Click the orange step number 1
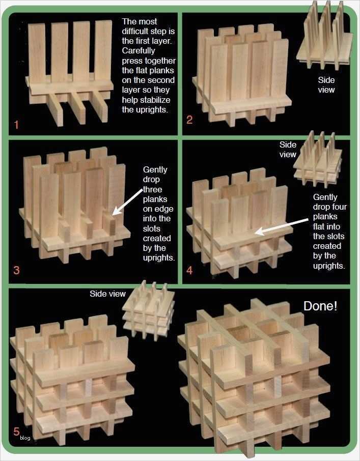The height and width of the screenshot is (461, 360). [16, 124]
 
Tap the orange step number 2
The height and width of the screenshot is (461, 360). [189, 120]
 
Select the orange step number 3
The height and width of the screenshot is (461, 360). [16, 270]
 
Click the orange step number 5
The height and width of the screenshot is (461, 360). [16, 431]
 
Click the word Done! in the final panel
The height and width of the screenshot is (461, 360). [320, 306]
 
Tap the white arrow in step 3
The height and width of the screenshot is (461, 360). [128, 201]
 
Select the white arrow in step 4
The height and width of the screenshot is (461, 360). [282, 226]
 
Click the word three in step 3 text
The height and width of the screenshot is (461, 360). [153, 189]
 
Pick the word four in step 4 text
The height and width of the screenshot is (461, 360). [339, 207]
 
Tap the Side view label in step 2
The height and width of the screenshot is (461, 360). [326, 84]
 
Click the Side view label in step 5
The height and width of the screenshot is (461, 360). [107, 294]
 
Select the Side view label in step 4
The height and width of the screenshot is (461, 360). [288, 150]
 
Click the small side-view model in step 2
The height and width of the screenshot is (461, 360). [325, 35]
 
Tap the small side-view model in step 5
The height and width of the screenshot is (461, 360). [149, 310]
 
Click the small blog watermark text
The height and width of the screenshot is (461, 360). [25, 438]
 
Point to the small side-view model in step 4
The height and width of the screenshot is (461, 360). [318, 160]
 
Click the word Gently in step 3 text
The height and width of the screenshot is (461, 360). [155, 170]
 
